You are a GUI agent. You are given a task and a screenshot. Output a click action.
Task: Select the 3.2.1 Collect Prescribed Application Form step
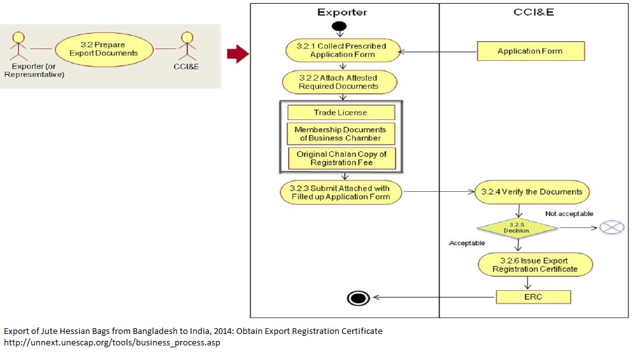point(342,50)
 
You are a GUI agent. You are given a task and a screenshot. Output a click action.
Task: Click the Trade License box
point(341,112)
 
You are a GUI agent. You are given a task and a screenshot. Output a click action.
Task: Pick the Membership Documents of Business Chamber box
point(341,134)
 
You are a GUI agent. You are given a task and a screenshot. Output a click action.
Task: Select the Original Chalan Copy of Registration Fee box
point(341,158)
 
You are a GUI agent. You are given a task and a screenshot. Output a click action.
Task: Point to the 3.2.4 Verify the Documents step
point(532,192)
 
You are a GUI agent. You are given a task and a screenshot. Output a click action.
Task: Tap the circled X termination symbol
point(607,227)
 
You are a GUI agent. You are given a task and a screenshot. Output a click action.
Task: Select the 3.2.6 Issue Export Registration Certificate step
point(534,265)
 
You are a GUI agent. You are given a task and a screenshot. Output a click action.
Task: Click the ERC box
point(534,297)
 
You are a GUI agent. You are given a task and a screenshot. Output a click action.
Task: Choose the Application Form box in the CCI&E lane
point(530,51)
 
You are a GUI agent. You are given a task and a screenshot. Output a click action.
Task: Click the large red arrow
point(237,55)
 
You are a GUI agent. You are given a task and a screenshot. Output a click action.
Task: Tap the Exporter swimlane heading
point(342,12)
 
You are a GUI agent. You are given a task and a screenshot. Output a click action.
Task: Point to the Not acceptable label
point(569,214)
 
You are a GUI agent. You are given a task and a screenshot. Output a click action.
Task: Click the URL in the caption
point(112,343)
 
